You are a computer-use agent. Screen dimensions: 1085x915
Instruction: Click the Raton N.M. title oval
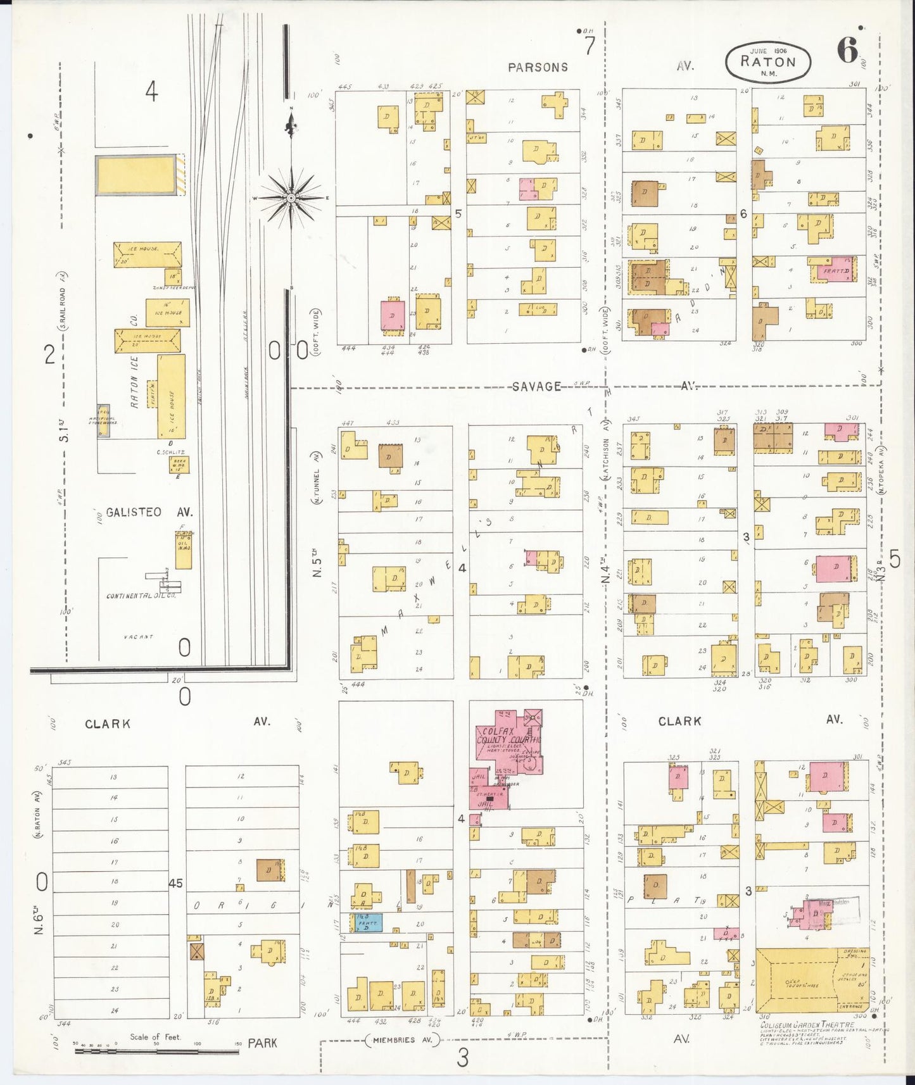tap(767, 61)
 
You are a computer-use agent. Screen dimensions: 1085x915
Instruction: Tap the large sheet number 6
tap(847, 51)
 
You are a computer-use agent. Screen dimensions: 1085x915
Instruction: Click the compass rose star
tap(291, 198)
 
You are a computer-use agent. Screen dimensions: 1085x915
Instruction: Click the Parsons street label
tap(538, 67)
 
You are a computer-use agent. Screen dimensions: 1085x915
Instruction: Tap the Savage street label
tap(536, 386)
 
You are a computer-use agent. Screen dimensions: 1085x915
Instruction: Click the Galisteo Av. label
tap(149, 512)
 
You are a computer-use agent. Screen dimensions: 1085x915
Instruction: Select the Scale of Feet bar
tap(156, 1051)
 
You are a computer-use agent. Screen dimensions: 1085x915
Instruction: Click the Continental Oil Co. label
tap(141, 596)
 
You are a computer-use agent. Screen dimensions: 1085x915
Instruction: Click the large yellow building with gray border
tap(136, 175)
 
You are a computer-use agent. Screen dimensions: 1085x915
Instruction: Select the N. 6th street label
tap(39, 921)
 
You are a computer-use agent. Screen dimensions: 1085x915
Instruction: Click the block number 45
tap(176, 882)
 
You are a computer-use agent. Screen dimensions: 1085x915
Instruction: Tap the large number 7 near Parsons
tap(590, 46)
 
